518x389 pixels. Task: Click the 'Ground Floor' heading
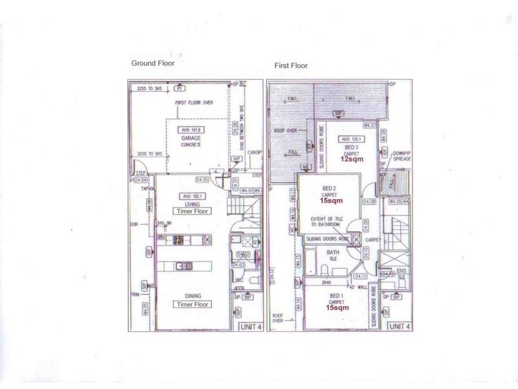152,63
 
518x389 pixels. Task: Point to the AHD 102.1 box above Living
193,196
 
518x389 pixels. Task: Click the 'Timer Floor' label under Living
193,211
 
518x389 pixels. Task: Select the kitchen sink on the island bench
184,266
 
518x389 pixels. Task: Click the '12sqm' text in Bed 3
354,160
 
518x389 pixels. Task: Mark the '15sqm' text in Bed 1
335,309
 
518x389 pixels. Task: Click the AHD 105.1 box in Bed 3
354,139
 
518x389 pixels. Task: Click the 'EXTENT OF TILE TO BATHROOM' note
327,224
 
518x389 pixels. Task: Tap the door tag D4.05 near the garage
203,180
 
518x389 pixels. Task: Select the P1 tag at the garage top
180,87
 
